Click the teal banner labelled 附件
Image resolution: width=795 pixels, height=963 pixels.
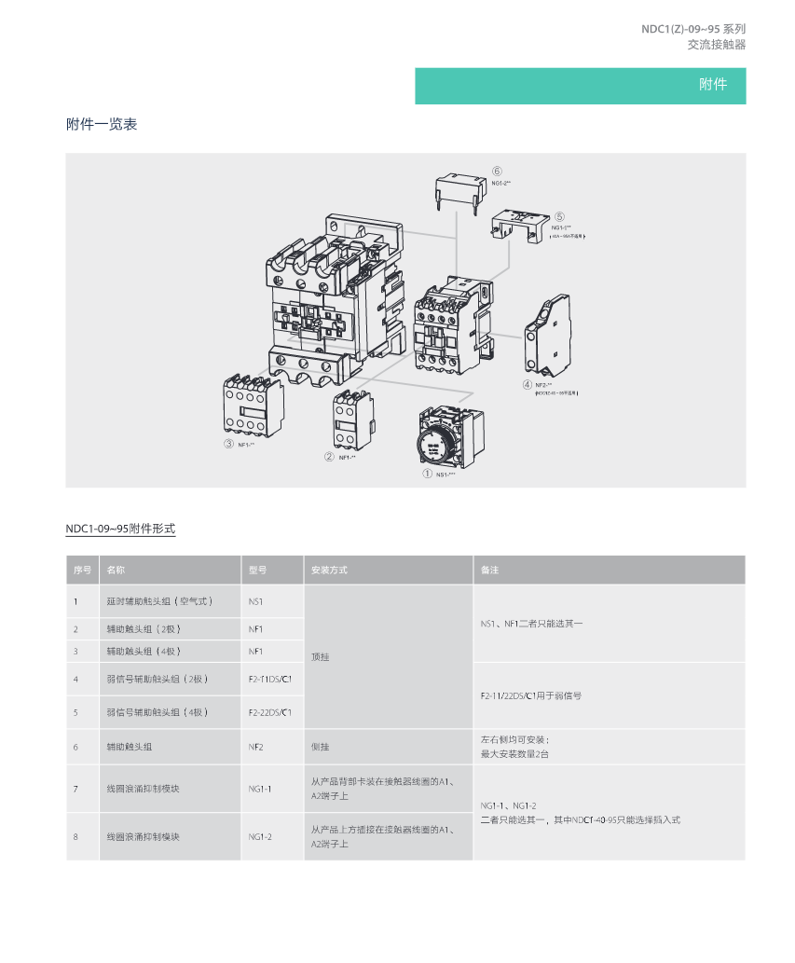coord(580,85)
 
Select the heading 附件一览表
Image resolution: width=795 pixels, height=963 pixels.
coord(102,124)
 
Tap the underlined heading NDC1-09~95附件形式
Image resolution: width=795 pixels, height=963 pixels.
coord(120,529)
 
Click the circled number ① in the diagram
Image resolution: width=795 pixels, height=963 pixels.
coord(428,474)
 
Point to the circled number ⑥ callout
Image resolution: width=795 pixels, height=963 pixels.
coord(497,172)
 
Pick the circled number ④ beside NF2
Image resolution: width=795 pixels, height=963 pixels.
coord(528,384)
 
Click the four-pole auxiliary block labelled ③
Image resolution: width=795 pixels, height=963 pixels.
coord(253,403)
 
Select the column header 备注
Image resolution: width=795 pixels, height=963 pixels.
coord(490,570)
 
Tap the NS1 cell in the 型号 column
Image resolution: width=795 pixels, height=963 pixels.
coord(256,601)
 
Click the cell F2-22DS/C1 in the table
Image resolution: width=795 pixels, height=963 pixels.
coord(270,712)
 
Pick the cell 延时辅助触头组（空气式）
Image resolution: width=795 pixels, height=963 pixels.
coord(159,601)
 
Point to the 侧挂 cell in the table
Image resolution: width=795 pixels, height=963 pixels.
coord(320,747)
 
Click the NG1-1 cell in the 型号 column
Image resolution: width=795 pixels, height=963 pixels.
coord(260,789)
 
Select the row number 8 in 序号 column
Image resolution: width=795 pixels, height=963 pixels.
coord(75,836)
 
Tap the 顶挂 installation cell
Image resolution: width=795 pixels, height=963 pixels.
coord(320,656)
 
